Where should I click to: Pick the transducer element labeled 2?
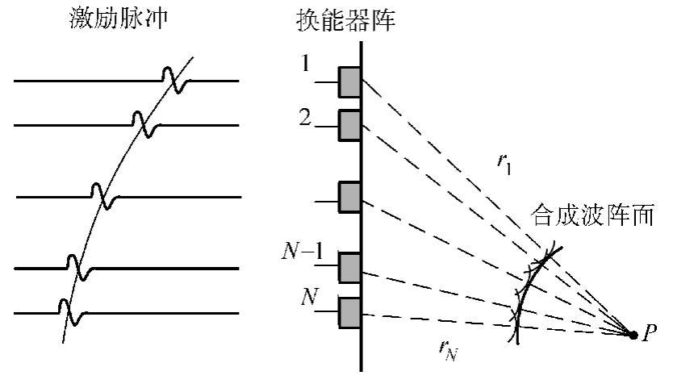coord(349,126)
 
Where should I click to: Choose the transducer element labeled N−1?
coord(349,267)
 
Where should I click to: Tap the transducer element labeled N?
coord(349,312)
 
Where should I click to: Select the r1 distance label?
coord(505,162)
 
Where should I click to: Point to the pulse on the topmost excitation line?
coord(173,80)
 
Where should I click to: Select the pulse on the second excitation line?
coord(144,124)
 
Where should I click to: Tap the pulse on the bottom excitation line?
coord(66,311)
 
